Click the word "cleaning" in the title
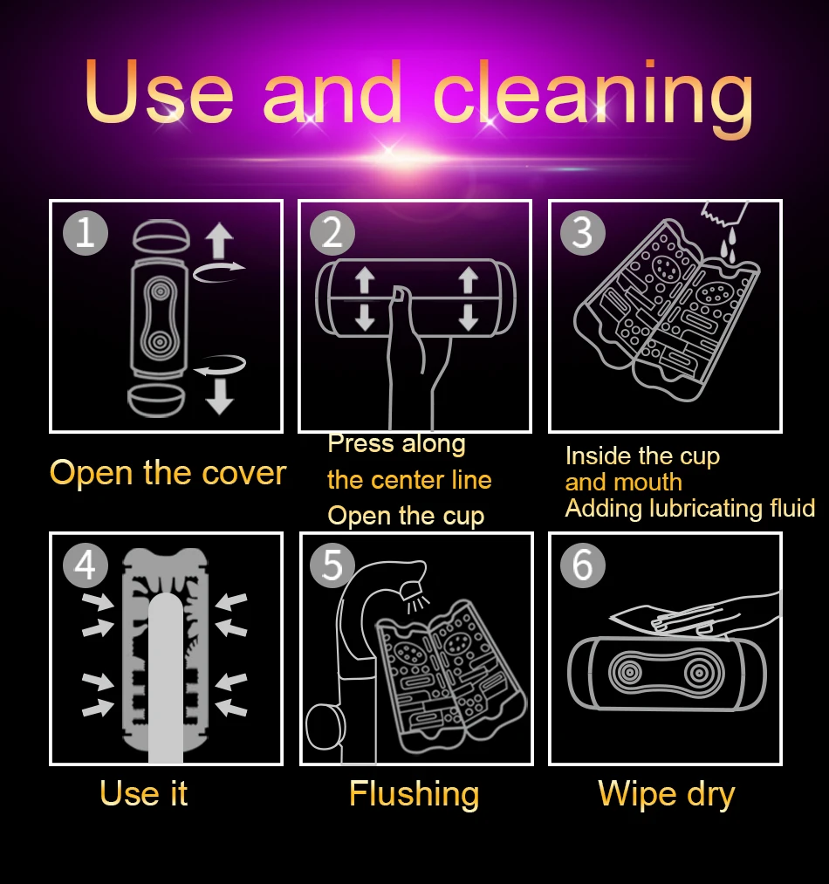click(x=593, y=96)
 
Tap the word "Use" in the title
click(x=159, y=92)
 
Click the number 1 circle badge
click(x=86, y=232)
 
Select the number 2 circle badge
click(x=332, y=232)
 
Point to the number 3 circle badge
click(x=583, y=232)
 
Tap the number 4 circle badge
click(x=86, y=565)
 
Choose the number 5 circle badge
click(x=332, y=565)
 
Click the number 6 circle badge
click(x=583, y=565)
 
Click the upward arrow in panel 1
click(x=219, y=241)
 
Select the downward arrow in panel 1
click(x=219, y=396)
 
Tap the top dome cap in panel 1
click(x=161, y=236)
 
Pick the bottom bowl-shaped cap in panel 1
click(x=156, y=401)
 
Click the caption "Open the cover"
click(x=168, y=472)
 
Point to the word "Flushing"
click(x=414, y=795)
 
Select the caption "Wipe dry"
click(x=667, y=795)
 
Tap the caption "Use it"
click(x=143, y=793)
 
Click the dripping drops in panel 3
click(x=729, y=245)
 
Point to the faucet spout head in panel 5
click(x=412, y=580)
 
